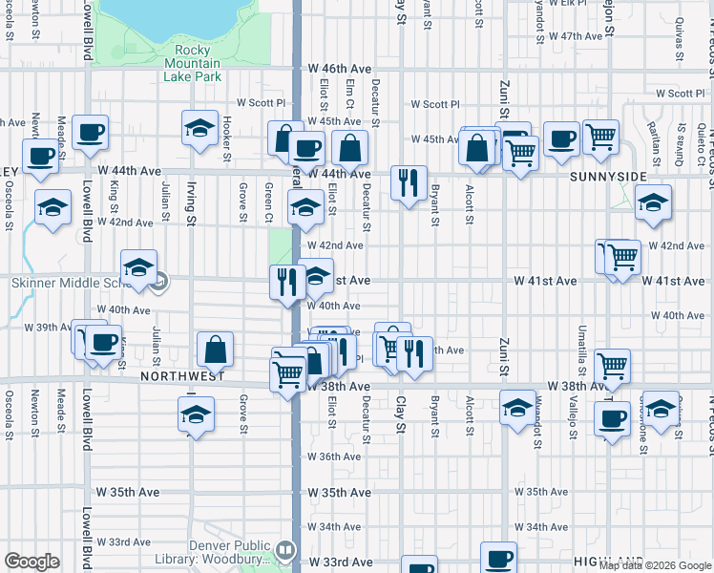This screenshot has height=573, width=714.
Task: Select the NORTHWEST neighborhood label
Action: pyautogui.click(x=182, y=376)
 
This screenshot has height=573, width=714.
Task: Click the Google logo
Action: pyautogui.click(x=31, y=562)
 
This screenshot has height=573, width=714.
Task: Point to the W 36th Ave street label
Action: pyautogui.click(x=333, y=456)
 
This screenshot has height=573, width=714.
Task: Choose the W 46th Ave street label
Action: pyautogui.click(x=339, y=70)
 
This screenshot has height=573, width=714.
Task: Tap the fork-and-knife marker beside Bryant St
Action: pyautogui.click(x=409, y=181)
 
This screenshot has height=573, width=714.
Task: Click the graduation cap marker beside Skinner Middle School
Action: pyautogui.click(x=139, y=268)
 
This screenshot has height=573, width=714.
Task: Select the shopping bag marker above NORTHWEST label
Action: pyautogui.click(x=216, y=350)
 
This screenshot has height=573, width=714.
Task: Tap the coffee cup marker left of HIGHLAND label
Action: pyautogui.click(x=497, y=559)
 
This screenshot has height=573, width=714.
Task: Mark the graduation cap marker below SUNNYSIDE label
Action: pyautogui.click(x=653, y=202)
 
